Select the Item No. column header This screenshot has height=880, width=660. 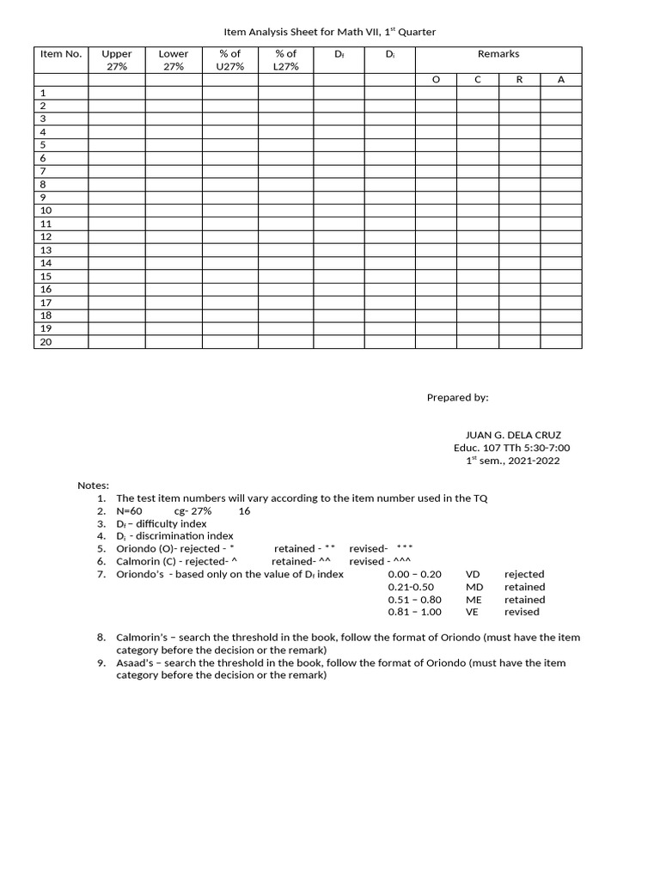tap(61, 54)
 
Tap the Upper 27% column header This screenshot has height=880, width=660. tap(117, 60)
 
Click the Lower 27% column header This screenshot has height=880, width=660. tap(174, 60)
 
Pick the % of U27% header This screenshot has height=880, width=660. tap(229, 60)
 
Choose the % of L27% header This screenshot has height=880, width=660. tap(285, 60)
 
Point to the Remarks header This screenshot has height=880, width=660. tap(498, 54)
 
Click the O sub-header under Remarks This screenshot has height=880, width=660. tap(436, 80)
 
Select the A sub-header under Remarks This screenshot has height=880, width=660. tap(561, 80)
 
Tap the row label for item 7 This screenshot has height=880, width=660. tap(44, 172)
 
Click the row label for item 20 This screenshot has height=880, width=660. tap(46, 342)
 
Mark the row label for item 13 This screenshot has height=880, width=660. tap(46, 250)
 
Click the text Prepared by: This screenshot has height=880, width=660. tap(457, 398)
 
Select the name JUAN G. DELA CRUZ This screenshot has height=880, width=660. tap(512, 435)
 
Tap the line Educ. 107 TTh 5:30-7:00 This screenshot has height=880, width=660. tap(512, 448)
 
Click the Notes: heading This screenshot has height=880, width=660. tap(94, 486)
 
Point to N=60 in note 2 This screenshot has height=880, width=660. tap(130, 510)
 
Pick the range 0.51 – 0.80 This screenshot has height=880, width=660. tap(414, 600)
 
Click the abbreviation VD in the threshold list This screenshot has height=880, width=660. tap(474, 574)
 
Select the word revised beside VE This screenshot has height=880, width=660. tap(522, 612)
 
